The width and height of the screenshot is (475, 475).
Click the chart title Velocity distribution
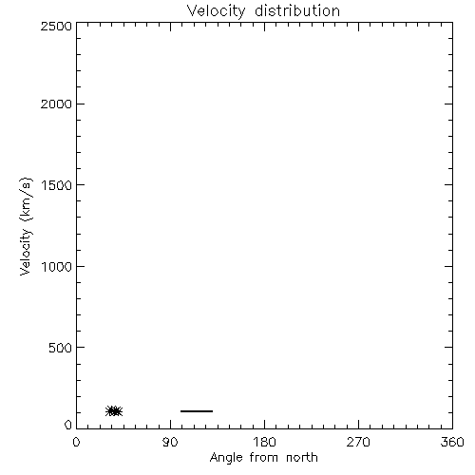coord(263,11)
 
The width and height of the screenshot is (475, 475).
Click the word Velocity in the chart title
coord(216,11)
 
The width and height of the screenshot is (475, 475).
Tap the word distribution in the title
coord(297,10)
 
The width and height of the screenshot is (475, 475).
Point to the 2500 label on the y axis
coord(56,27)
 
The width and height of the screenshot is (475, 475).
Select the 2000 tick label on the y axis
coord(56,104)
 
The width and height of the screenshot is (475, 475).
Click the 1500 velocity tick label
coord(57,185)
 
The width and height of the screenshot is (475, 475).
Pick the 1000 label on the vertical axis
coord(57,266)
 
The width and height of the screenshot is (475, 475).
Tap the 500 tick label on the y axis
coord(61,348)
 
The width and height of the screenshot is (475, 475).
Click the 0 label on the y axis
coord(68,425)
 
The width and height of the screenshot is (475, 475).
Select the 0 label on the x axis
coord(76,442)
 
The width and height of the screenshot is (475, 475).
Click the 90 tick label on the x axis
coord(170,442)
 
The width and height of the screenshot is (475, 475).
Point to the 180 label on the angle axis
coord(264,442)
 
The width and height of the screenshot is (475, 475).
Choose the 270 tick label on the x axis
coord(358,442)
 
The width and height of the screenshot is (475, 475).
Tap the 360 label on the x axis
coord(452,442)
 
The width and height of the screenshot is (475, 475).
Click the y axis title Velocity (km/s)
coord(26,226)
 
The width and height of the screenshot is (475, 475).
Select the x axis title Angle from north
coord(264,458)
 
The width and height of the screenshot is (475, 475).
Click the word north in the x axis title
coord(302,457)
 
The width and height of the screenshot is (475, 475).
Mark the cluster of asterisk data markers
coord(114,411)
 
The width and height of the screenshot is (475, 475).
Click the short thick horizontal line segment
coord(197,411)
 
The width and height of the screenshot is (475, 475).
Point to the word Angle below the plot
coord(226,459)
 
